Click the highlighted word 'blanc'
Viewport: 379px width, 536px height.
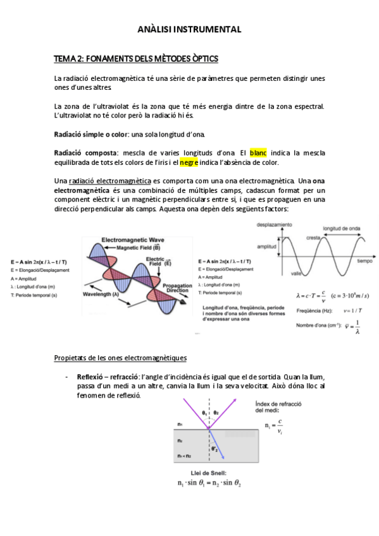(x=258, y=153)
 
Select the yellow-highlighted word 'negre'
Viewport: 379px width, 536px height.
(x=189, y=162)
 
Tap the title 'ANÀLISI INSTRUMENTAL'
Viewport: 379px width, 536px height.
(x=189, y=29)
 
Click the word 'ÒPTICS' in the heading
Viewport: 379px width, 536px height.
(x=201, y=59)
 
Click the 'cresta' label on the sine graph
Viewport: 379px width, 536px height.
(x=312, y=237)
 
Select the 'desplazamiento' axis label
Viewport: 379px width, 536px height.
(x=274, y=225)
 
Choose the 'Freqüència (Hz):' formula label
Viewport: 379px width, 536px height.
(x=314, y=310)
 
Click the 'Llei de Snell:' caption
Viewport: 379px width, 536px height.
(x=209, y=473)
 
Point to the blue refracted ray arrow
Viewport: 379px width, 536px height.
(x=217, y=442)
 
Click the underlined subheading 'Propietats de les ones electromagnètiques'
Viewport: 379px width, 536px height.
(x=120, y=358)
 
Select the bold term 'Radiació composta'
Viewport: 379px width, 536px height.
(x=86, y=153)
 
